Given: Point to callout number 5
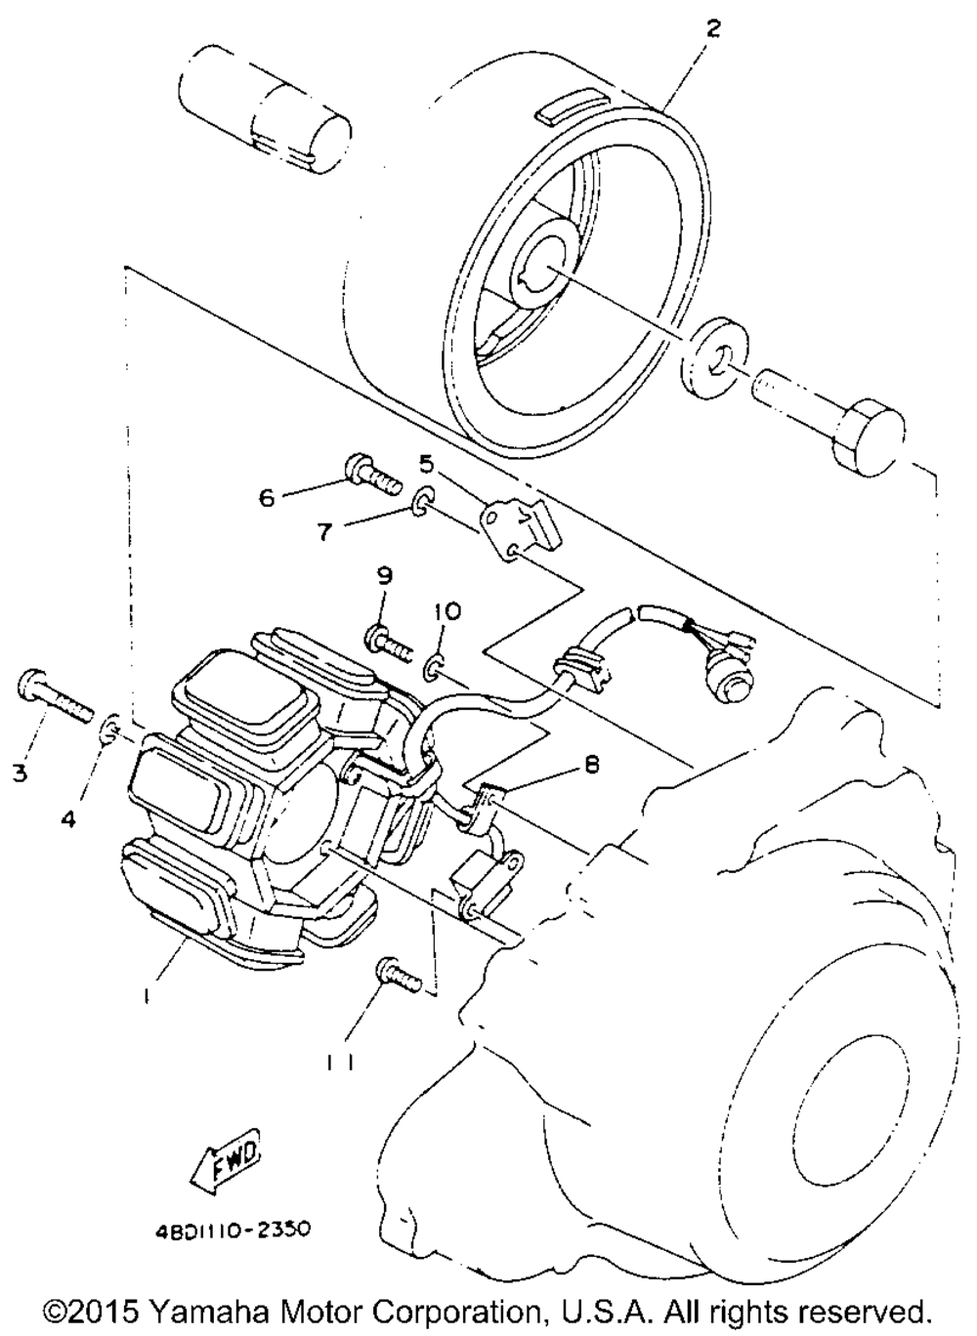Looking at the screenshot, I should pyautogui.click(x=427, y=461).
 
